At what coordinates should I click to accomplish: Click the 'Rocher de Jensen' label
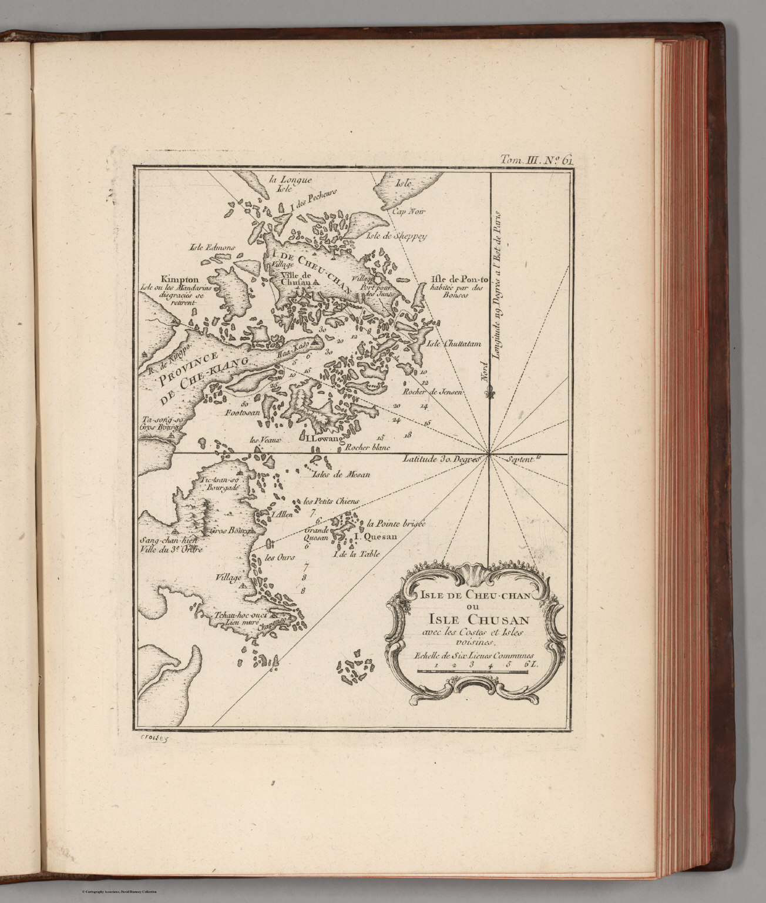point(433,392)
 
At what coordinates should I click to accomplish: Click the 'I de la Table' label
point(356,554)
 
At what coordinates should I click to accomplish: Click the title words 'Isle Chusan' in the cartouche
point(472,618)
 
